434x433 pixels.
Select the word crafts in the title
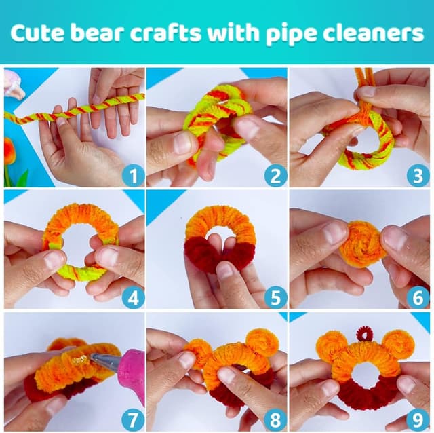[x=178, y=33]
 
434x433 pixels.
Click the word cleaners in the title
[x=377, y=33]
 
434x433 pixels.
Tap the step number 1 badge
[x=133, y=176]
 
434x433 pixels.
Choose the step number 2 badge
[x=275, y=176]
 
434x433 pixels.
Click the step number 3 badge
[x=418, y=176]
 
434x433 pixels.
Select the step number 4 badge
[x=133, y=298]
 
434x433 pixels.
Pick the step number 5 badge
[x=275, y=298]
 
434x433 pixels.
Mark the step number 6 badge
[x=418, y=298]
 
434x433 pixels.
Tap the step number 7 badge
[x=133, y=419]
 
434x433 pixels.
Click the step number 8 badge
[x=275, y=419]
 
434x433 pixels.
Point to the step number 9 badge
[x=418, y=419]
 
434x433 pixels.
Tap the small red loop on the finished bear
[x=365, y=334]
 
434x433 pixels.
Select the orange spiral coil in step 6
[x=361, y=244]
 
